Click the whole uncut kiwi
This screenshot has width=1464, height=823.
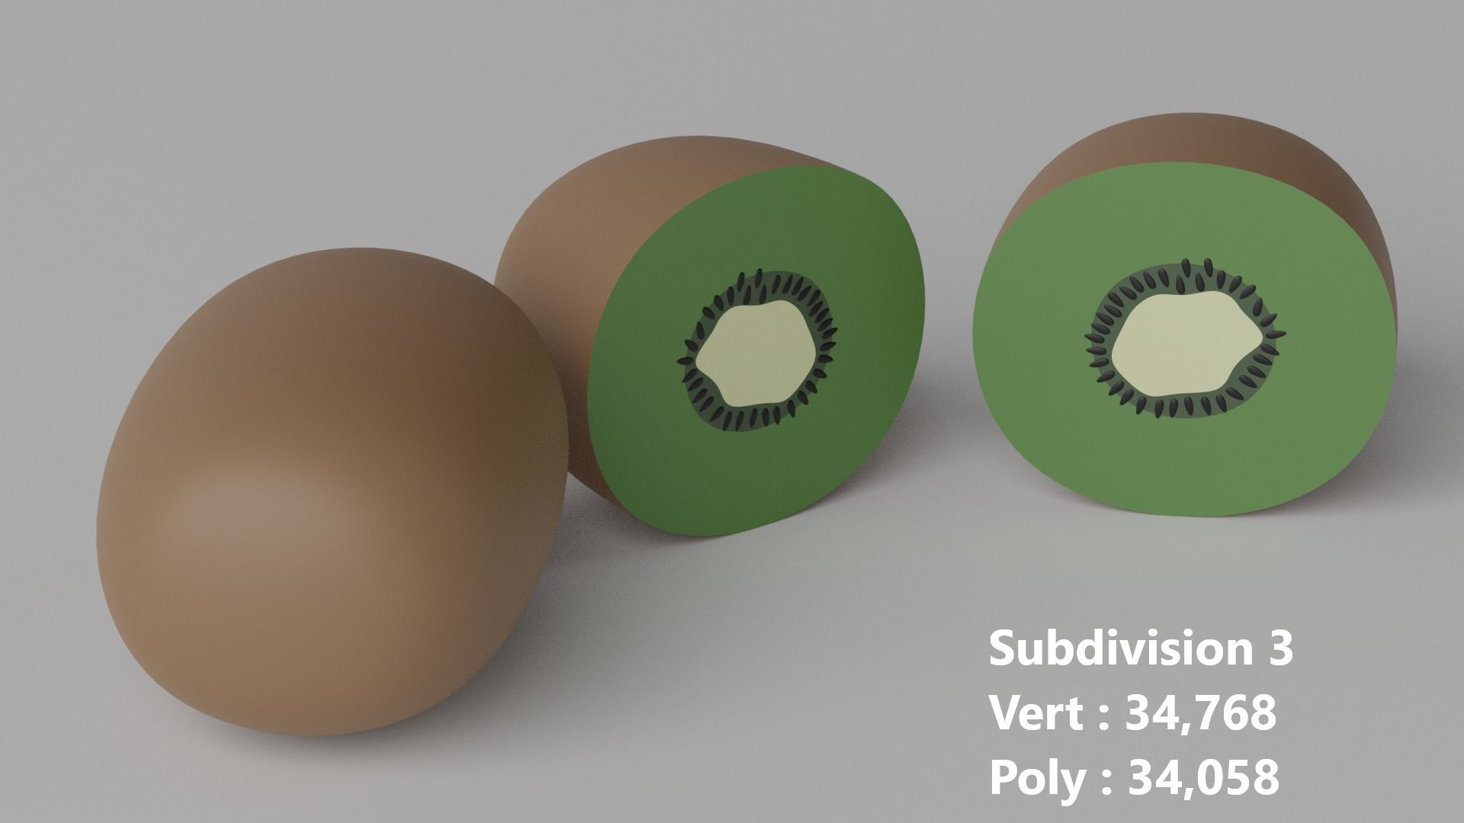[328, 488]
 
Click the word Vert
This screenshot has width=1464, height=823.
[1037, 713]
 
